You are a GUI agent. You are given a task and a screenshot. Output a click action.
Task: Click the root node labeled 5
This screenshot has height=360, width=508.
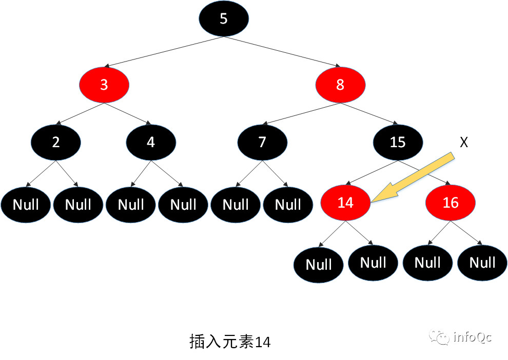(224, 19)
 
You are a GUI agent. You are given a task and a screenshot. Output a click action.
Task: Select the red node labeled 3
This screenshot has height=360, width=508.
(104, 84)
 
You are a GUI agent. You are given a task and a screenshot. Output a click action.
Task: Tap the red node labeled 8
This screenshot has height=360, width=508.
(340, 84)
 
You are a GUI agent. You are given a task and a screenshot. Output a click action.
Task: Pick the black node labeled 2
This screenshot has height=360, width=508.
(56, 142)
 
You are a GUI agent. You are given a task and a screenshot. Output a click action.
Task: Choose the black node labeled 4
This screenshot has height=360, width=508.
(151, 142)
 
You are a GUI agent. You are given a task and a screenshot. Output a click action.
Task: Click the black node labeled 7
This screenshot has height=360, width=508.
(262, 142)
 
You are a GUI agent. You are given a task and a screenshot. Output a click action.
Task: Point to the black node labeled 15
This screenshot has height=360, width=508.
(398, 142)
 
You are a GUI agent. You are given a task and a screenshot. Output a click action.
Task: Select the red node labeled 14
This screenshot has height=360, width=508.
(345, 203)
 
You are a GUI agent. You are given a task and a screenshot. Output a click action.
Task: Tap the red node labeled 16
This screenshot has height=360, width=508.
(451, 203)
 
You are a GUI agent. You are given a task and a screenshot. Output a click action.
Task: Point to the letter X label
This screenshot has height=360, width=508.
(464, 143)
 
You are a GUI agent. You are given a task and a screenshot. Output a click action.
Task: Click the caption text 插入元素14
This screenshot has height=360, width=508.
(230, 342)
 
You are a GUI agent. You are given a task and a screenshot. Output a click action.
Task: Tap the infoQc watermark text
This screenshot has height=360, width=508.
(473, 337)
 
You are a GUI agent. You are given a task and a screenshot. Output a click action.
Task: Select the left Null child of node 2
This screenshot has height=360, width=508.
(26, 205)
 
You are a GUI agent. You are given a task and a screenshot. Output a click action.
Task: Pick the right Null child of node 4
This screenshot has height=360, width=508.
(183, 205)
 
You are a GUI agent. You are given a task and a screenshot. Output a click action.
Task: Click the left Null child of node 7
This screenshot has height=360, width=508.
(236, 205)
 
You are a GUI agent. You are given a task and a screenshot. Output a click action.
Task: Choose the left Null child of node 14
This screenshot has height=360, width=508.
(319, 265)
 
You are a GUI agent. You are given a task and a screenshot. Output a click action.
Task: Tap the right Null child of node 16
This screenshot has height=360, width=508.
(482, 263)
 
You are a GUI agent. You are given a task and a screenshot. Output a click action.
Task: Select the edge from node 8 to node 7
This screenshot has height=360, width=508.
(301, 113)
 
